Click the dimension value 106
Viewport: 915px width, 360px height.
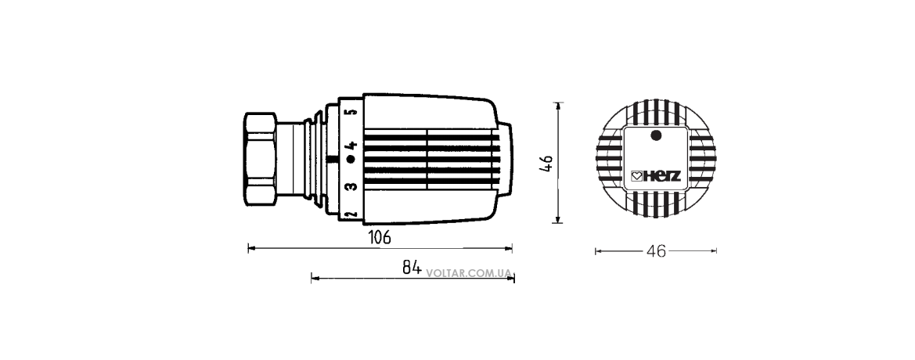coord(380,237)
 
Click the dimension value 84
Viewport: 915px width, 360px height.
coord(412,267)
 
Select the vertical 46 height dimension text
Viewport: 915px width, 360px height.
coord(547,164)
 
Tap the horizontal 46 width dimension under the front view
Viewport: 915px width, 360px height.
coord(657,251)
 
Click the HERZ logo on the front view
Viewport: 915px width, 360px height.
coord(657,176)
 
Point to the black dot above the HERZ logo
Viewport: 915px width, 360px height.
coord(656,135)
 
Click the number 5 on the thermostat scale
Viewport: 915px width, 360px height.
coord(351,112)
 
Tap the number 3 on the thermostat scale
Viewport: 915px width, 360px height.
coord(350,187)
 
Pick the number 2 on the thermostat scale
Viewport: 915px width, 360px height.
coord(351,214)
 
